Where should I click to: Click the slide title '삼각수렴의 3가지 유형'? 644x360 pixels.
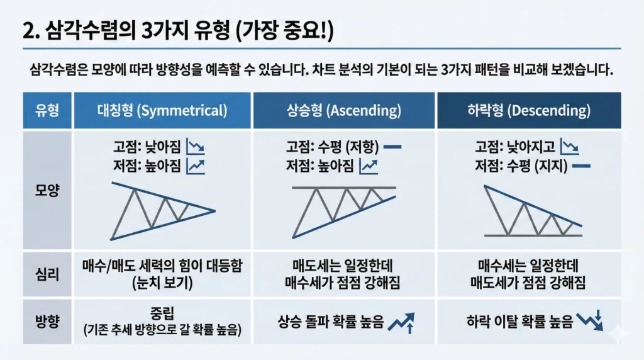point(137,31)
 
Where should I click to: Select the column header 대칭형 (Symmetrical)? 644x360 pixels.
point(162,110)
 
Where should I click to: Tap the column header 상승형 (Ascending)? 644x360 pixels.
point(344,110)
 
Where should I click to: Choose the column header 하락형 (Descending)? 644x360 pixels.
point(529,110)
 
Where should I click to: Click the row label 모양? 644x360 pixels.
point(47,190)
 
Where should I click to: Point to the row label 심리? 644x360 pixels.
point(47,274)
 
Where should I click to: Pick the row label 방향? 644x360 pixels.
point(47,321)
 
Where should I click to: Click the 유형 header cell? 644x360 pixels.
point(47,110)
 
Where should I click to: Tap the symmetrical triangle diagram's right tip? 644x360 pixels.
point(215,211)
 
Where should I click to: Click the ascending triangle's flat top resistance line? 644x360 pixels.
point(344,188)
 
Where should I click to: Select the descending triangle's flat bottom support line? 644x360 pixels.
point(533,235)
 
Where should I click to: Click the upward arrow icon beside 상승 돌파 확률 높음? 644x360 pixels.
point(401,323)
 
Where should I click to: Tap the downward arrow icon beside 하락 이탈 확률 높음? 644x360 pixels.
point(590,320)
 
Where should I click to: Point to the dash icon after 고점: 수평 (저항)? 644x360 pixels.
point(392,147)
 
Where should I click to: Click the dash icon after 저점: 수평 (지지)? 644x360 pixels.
point(581,166)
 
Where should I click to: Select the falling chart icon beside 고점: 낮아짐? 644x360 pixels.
point(196,147)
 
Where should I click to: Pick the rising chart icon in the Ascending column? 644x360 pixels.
point(369,166)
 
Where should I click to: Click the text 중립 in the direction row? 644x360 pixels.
point(162,313)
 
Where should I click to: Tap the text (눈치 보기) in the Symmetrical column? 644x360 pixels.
point(162,283)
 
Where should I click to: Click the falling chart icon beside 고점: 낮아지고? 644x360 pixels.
point(570,147)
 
